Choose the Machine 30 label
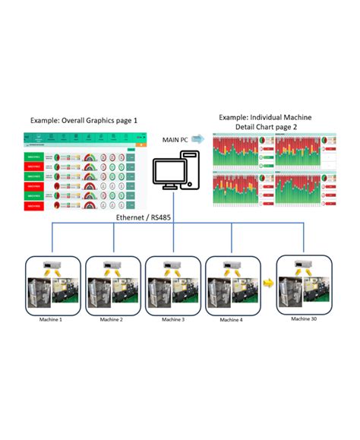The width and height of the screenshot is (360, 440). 305,318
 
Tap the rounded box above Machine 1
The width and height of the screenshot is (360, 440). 52,285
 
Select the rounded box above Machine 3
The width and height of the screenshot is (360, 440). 172,285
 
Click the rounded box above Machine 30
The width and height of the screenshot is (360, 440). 305,282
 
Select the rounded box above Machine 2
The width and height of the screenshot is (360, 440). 112,285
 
